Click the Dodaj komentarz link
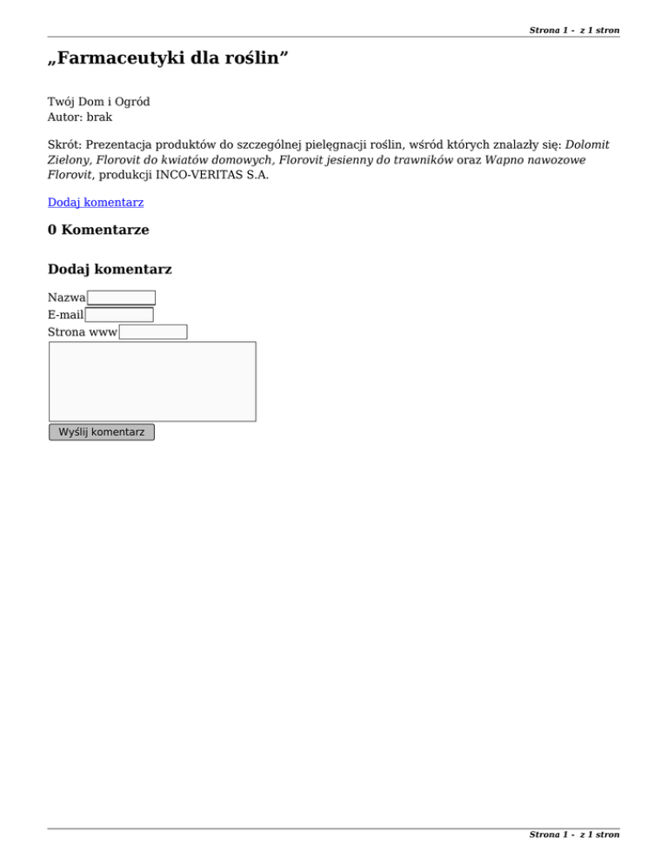tap(96, 203)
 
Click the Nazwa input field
tap(122, 298)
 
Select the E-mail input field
tap(119, 315)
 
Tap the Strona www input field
tap(153, 332)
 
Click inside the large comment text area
tap(152, 381)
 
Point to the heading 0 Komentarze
tap(98, 231)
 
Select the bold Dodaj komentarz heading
tap(110, 270)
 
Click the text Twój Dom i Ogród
tap(98, 102)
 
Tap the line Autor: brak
tap(80, 117)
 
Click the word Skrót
tap(63, 144)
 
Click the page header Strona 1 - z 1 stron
tap(574, 30)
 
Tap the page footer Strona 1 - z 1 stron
tap(574, 835)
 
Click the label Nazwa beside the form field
tap(67, 298)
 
